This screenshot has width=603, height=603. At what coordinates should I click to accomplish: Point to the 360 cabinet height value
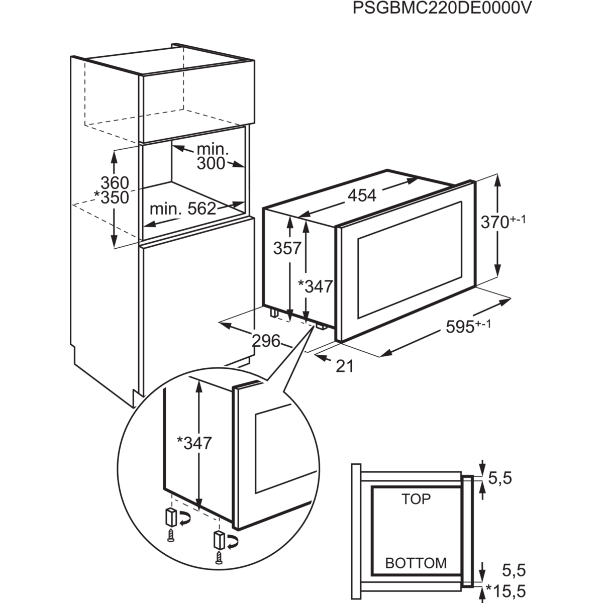[115, 181]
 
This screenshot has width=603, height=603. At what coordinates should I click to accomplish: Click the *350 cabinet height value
[113, 197]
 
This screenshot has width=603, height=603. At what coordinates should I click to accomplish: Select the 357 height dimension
[287, 248]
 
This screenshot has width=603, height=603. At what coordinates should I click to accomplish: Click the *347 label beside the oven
[316, 286]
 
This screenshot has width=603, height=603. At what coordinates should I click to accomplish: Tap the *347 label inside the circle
[195, 443]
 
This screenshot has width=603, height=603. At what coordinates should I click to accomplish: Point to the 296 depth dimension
[266, 341]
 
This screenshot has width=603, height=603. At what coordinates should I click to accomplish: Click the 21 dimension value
[344, 366]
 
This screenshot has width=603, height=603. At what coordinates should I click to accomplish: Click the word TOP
[416, 499]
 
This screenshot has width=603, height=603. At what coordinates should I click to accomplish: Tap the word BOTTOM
[416, 563]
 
